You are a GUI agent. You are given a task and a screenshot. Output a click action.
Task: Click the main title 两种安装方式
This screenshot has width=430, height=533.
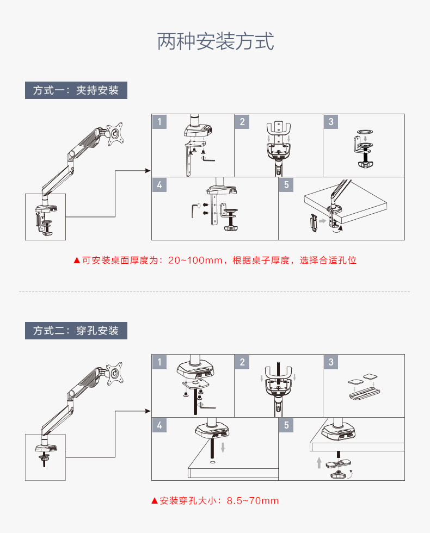tap(215, 41)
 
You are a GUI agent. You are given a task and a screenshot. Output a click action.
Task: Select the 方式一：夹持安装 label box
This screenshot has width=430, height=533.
tap(76, 90)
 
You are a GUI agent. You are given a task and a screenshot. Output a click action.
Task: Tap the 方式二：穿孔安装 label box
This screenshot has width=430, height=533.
tap(76, 330)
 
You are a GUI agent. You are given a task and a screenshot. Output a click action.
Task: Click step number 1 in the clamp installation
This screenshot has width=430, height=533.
tap(159, 122)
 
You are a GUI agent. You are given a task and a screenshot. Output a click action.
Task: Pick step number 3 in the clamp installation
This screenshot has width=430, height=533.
tap(331, 122)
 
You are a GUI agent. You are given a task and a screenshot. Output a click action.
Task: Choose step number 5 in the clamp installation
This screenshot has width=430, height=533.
tap(286, 185)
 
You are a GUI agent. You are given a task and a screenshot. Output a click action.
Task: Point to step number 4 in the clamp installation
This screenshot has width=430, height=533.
tap(159, 185)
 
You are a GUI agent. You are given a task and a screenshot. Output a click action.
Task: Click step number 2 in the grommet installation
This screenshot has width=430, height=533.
tap(242, 362)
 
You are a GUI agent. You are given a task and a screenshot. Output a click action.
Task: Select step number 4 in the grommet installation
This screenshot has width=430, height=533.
tap(159, 425)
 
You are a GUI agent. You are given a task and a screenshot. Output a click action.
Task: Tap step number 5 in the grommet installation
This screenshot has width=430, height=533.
tap(286, 425)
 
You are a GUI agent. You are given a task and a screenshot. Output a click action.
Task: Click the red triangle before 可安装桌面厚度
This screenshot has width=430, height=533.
tap(77, 261)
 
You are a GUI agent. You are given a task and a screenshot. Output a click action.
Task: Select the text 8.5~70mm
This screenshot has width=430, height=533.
tap(253, 501)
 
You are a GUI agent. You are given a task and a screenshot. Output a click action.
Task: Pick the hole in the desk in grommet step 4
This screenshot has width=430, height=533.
tap(212, 463)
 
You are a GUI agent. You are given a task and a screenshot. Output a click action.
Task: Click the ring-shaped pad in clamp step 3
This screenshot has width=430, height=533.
tap(365, 132)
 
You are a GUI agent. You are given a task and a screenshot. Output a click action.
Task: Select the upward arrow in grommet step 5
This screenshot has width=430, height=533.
tap(319, 463)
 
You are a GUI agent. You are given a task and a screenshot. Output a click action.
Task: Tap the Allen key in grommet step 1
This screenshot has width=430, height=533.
tap(207, 405)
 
